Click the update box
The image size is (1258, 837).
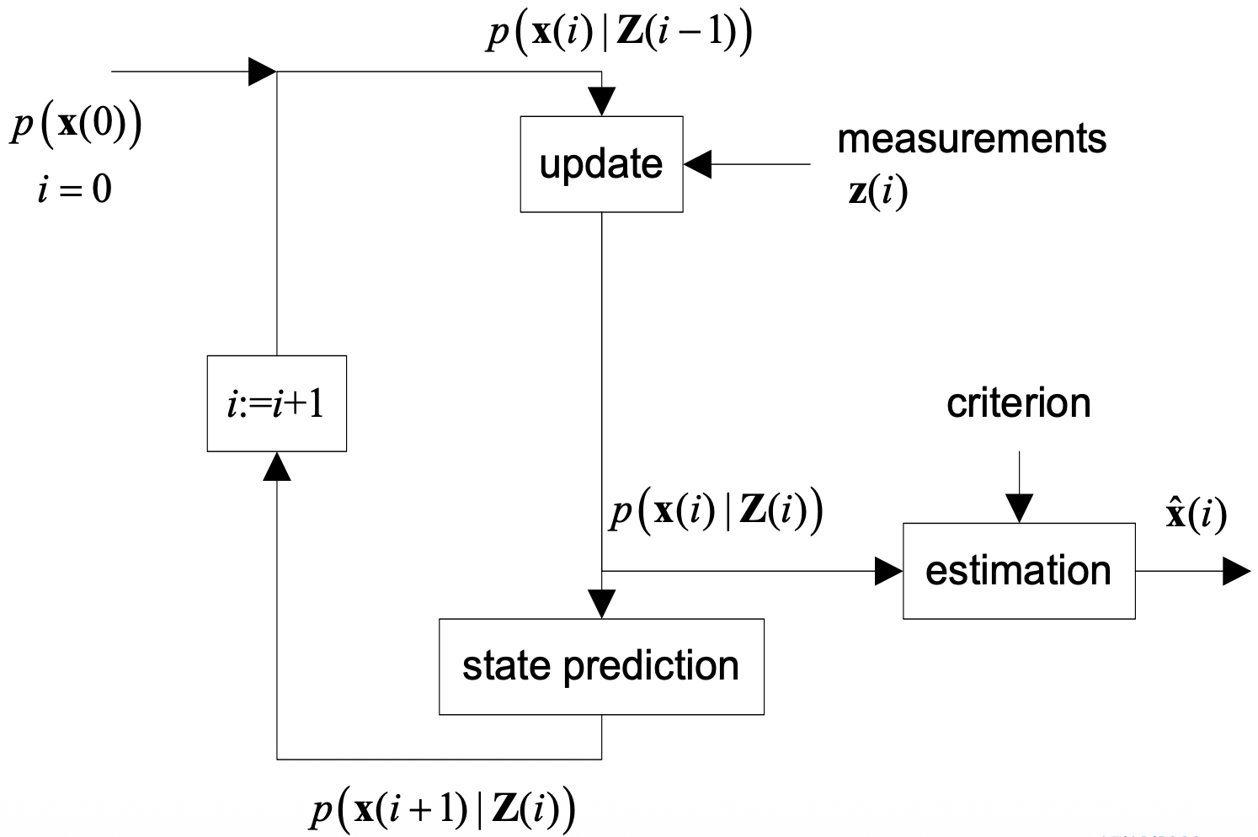pyautogui.click(x=601, y=164)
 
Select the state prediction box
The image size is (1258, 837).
pyautogui.click(x=601, y=666)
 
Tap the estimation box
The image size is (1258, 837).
pyautogui.click(x=1019, y=571)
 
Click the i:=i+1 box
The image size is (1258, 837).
pyautogui.click(x=276, y=404)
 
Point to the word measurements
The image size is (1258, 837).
pyautogui.click(x=972, y=139)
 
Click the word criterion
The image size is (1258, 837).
pyautogui.click(x=1018, y=403)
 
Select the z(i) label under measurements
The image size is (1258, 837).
pyautogui.click(x=878, y=192)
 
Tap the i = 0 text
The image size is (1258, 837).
pyautogui.click(x=74, y=189)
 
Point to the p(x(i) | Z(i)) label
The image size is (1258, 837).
pyautogui.click(x=716, y=511)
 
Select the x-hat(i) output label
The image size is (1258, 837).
pyautogui.click(x=1196, y=513)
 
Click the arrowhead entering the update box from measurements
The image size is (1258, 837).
pyautogui.click(x=697, y=164)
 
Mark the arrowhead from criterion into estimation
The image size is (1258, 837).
pyautogui.click(x=1019, y=509)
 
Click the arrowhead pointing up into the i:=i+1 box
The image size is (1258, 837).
pyautogui.click(x=276, y=466)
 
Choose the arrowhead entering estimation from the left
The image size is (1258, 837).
pyautogui.click(x=888, y=571)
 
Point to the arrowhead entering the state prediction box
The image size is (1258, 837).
pyautogui.click(x=601, y=605)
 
